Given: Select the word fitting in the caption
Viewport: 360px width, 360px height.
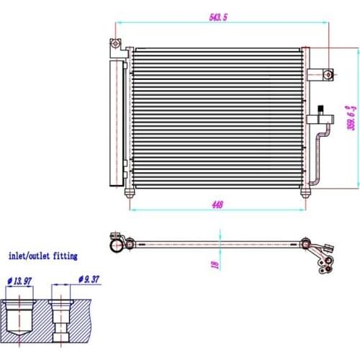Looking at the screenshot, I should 66,256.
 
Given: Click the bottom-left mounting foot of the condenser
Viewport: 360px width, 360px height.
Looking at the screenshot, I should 129,192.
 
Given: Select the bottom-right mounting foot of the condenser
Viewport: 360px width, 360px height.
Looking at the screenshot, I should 305,193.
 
